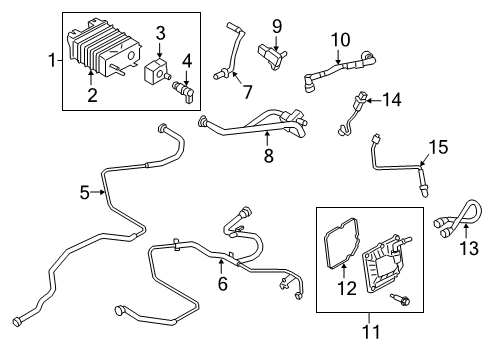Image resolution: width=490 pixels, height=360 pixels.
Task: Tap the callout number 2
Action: coord(91,96)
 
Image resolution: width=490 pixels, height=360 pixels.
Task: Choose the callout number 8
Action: coord(267,157)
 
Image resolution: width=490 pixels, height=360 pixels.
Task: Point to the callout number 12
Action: coord(349,290)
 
